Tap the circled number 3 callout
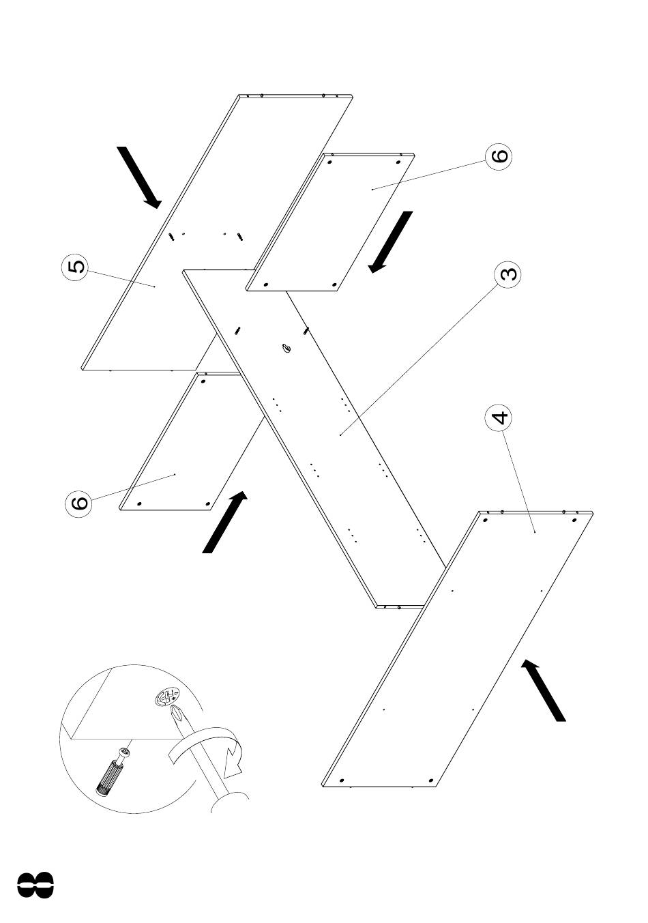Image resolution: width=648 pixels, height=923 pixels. coord(507,274)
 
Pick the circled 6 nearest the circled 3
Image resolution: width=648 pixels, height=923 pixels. coord(499,156)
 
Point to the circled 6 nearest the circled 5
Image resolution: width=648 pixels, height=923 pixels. coord(78,502)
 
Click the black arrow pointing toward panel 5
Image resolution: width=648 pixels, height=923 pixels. coord(139,177)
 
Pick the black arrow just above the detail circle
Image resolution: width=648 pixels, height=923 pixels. coord(225,522)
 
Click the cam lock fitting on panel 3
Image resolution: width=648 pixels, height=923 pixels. coord(286,348)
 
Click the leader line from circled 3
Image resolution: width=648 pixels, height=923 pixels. coord(418,359)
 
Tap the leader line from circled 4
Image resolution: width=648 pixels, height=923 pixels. coord(518,481)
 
